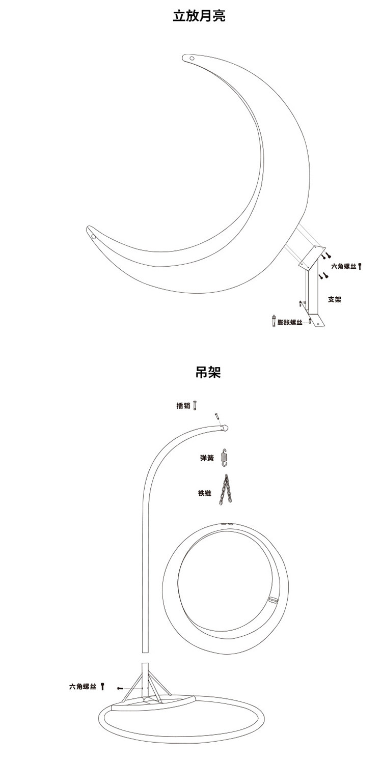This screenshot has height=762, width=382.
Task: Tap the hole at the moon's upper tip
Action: (x=192, y=59)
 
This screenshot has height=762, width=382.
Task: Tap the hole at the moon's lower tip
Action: (x=93, y=236)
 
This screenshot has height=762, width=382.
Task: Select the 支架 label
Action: (x=334, y=300)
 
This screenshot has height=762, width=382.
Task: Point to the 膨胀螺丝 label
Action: (x=289, y=322)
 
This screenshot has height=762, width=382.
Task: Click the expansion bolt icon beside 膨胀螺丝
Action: (x=273, y=321)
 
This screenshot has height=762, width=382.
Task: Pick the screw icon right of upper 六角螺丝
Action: (x=360, y=266)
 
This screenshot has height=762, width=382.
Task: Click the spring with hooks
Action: (x=224, y=457)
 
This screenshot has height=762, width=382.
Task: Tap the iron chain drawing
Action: (x=224, y=490)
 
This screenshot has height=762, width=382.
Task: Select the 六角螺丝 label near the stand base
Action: (x=83, y=687)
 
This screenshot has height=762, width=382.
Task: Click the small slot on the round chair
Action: (x=273, y=599)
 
